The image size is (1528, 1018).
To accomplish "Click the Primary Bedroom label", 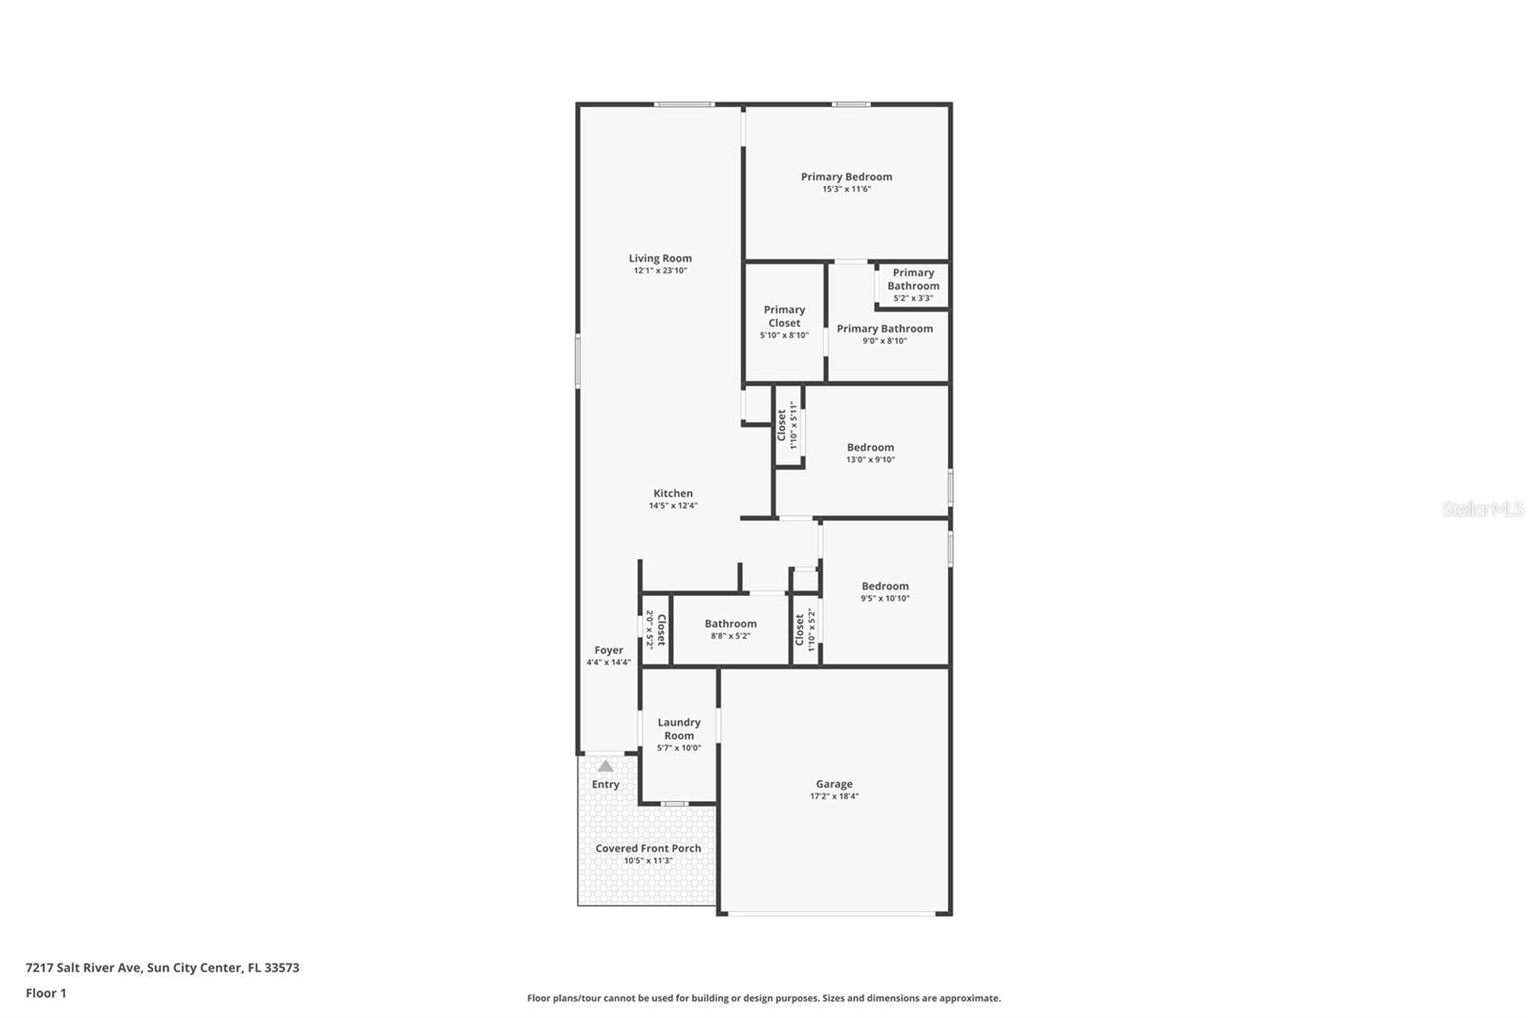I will tap(846, 177).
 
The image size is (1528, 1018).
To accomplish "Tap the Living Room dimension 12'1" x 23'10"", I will tap(660, 271).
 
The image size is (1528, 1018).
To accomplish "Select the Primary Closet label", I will tap(784, 316).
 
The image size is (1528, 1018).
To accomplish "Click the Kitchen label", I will tap(673, 494).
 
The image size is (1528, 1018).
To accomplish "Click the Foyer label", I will tap(608, 650).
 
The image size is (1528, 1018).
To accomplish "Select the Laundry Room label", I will tap(679, 729).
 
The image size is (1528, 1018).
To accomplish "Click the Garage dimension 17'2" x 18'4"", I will tap(834, 796).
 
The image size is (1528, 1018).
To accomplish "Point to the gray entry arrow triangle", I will tap(605, 766).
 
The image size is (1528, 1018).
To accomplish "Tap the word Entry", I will tap(605, 785).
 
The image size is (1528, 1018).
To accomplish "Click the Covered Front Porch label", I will tap(648, 849).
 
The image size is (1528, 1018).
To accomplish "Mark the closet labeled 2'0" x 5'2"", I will tap(655, 629).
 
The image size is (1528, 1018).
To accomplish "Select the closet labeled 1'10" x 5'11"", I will tap(786, 425).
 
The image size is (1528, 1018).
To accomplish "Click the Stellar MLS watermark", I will tap(1482, 510).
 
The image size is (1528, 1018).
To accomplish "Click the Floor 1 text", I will tap(46, 993).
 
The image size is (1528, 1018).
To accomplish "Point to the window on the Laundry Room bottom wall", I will tap(675, 804).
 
